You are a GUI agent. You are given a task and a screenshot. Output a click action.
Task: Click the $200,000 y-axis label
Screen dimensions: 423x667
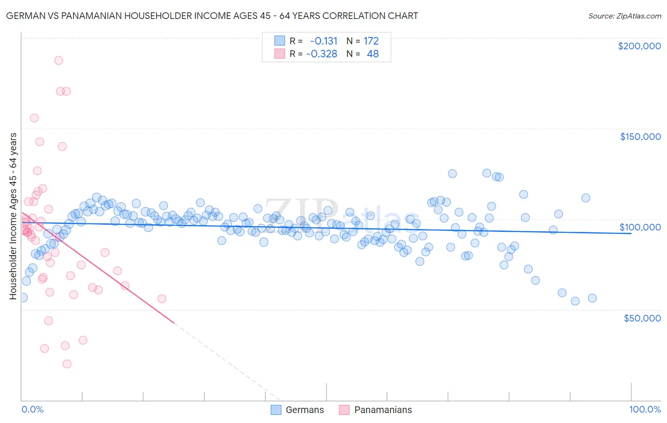(x=639, y=46)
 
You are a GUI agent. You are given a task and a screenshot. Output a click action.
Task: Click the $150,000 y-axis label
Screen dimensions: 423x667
(x=640, y=137)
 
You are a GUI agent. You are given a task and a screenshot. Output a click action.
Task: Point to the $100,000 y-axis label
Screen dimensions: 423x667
(x=640, y=227)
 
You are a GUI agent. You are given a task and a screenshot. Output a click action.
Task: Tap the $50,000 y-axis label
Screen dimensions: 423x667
(x=642, y=318)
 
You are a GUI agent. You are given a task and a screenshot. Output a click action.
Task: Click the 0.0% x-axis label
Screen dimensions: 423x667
(x=32, y=409)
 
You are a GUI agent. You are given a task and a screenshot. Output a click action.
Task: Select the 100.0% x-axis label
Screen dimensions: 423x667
(x=645, y=409)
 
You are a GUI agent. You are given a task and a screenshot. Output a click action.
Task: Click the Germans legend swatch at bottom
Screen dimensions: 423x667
(x=276, y=410)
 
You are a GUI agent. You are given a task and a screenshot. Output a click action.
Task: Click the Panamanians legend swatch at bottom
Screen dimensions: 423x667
(x=344, y=410)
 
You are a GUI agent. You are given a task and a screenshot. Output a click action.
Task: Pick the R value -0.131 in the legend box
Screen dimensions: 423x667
(x=324, y=41)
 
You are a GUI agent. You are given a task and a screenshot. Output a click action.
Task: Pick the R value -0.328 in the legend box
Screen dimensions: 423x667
(x=322, y=54)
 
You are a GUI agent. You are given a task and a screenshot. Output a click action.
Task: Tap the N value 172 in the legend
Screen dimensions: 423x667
(x=371, y=41)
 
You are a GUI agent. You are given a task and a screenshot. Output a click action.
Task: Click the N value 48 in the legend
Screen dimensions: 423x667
(x=372, y=54)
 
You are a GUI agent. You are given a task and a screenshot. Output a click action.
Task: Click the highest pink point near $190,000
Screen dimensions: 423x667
(x=58, y=60)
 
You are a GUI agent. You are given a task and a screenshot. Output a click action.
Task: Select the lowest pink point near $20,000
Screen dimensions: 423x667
(x=67, y=364)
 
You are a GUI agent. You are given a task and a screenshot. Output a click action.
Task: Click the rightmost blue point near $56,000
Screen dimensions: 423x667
(x=592, y=298)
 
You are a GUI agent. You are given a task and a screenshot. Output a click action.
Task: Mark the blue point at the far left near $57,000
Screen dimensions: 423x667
(x=23, y=297)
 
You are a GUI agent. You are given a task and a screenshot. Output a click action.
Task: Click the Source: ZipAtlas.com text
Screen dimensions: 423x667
(x=624, y=16)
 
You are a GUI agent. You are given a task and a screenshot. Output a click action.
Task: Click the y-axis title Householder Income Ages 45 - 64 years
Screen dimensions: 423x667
(x=13, y=216)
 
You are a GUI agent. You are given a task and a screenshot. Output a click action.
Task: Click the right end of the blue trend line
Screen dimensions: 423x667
(x=631, y=234)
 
